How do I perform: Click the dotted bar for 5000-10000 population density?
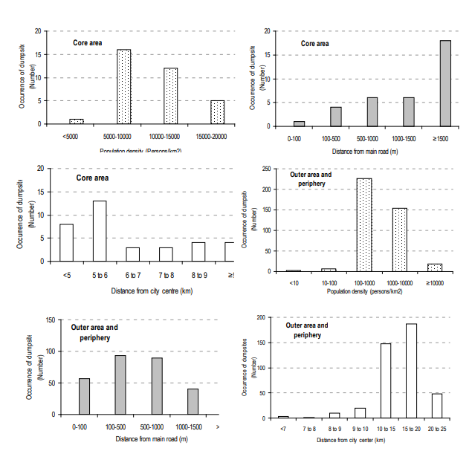tap(124, 87)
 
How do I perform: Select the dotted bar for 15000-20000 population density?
tap(217, 112)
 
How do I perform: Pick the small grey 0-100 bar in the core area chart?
tap(299, 123)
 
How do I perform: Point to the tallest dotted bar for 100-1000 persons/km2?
tap(364, 224)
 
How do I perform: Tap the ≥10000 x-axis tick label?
tap(435, 282)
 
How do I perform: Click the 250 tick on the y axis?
tap(265, 169)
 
